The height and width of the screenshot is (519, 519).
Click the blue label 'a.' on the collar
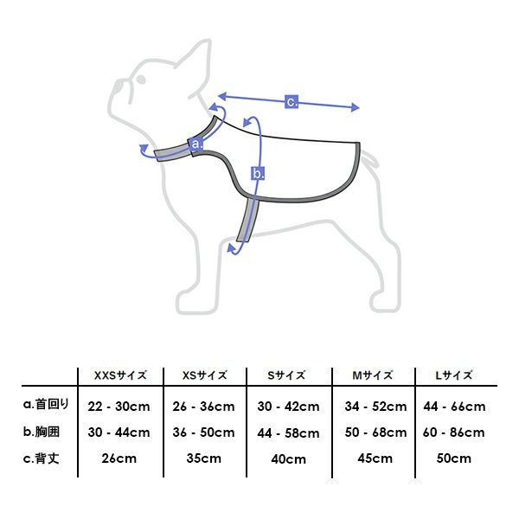coord(196,144)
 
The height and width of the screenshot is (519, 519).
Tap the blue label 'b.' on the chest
coord(258,174)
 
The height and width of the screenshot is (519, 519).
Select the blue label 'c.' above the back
coord(292,101)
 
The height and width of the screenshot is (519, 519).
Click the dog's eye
coord(141,80)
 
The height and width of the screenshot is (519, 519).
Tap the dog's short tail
coord(369,159)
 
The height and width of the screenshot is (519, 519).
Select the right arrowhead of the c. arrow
coord(355,107)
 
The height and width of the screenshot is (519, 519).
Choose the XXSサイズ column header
coord(120,375)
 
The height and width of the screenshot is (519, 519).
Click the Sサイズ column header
coord(286,375)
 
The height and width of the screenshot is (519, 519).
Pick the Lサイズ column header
coord(454,375)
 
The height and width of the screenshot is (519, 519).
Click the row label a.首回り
coord(46,404)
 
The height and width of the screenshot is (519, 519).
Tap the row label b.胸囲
coord(42,432)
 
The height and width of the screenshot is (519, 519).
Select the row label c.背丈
coord(42,458)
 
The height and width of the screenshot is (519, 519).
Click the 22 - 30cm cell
coord(119,407)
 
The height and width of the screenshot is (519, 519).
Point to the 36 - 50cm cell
coord(203,432)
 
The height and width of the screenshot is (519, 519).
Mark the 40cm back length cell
coord(288,459)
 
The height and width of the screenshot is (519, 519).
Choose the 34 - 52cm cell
coord(375,407)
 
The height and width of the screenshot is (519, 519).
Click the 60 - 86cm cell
coord(454,432)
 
